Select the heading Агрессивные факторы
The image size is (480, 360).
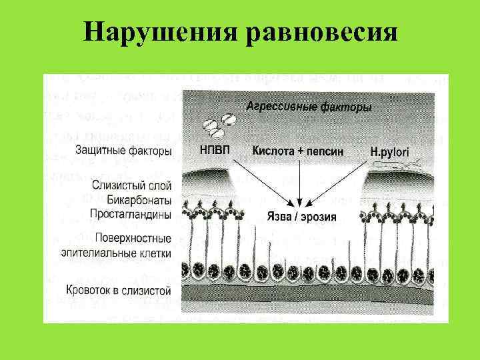309,106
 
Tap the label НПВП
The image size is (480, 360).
215,151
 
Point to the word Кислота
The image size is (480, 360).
273,151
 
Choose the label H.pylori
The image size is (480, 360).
390,152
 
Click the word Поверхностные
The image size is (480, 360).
133,238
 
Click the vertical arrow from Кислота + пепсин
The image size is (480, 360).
300,180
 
